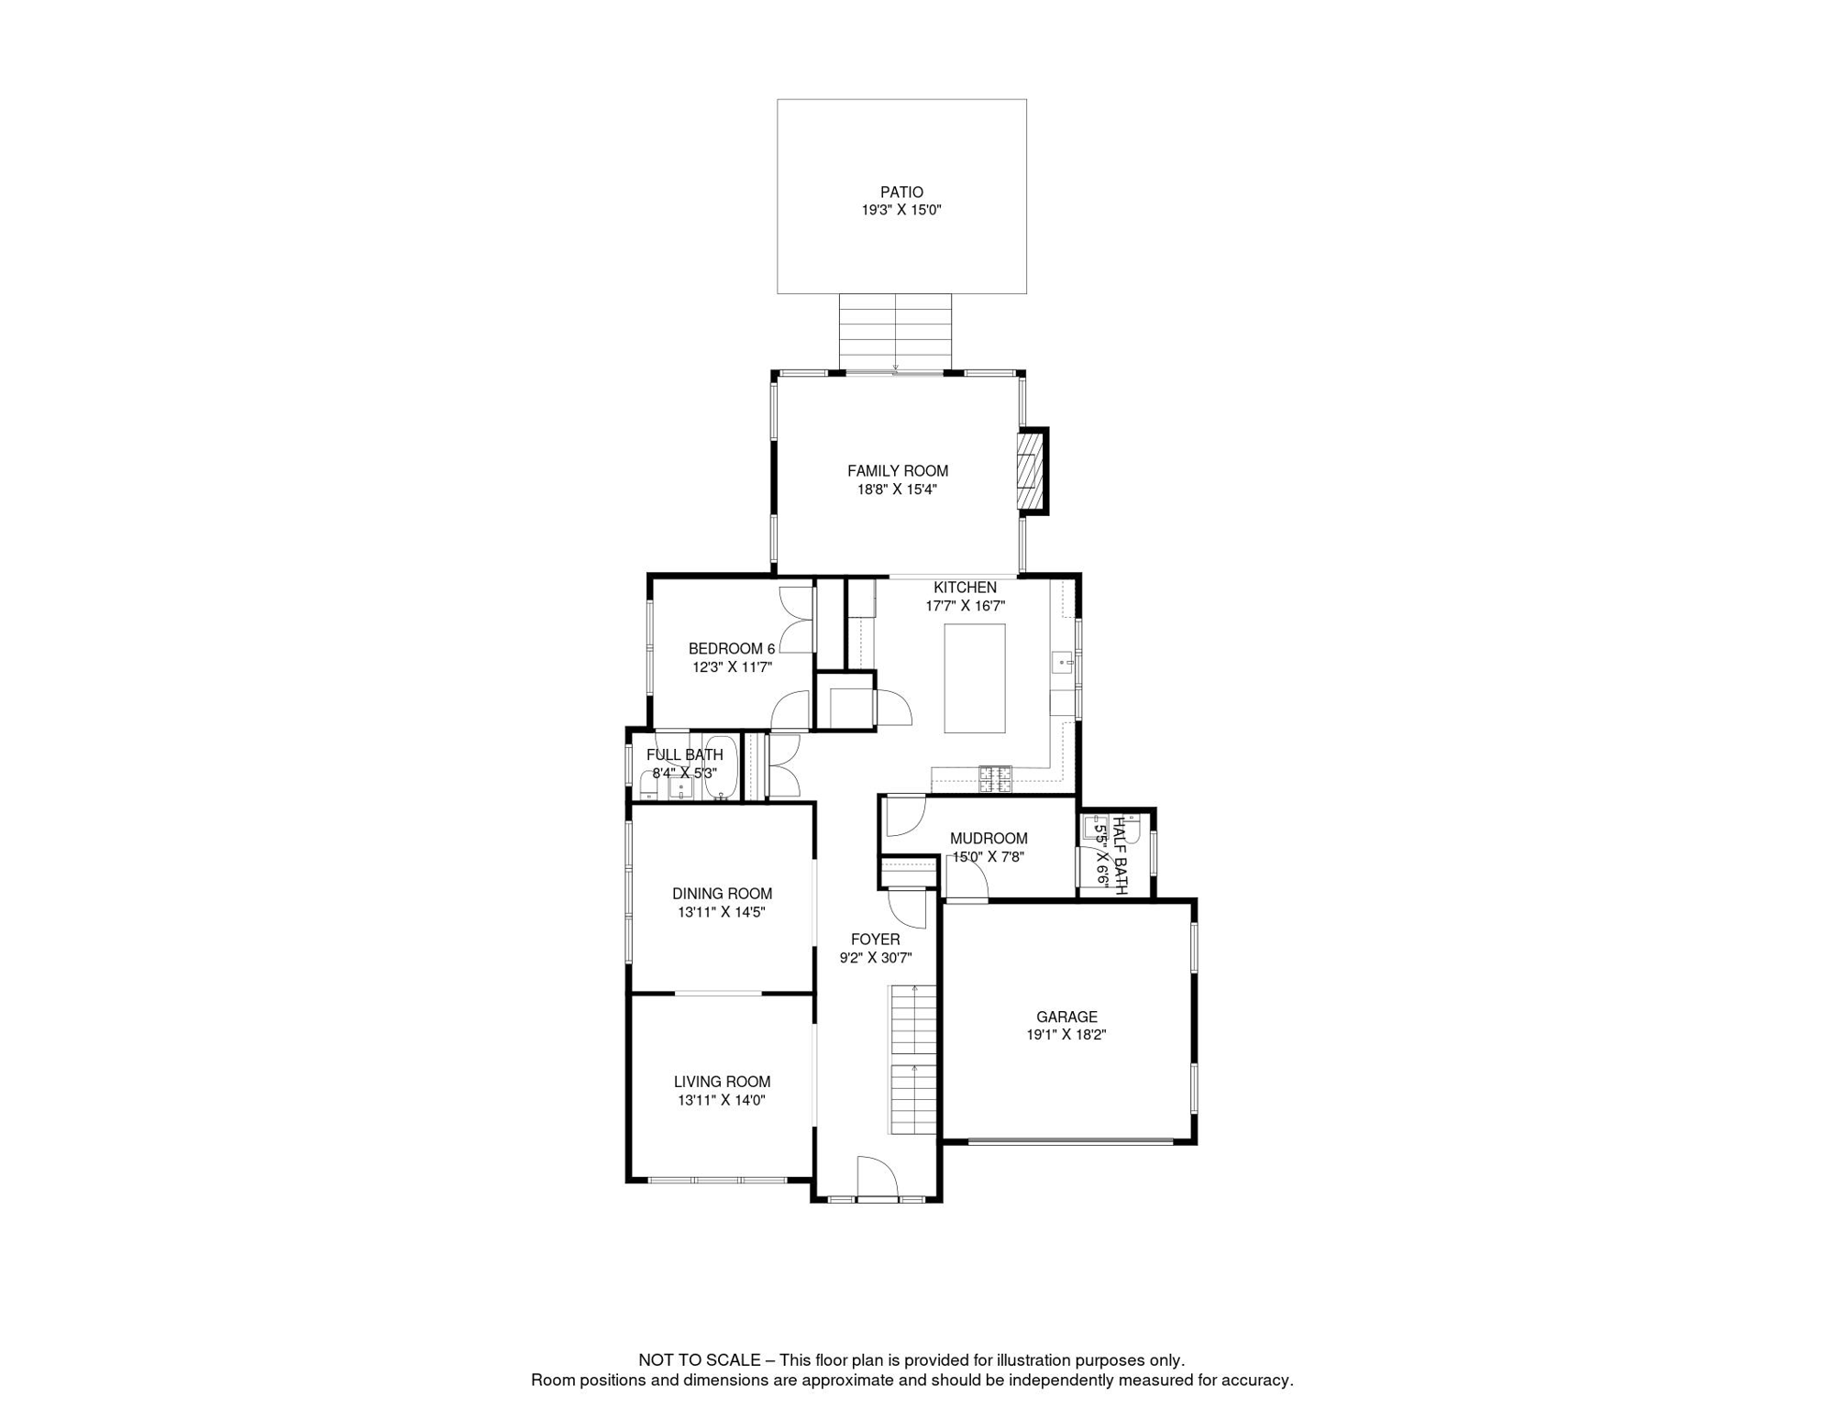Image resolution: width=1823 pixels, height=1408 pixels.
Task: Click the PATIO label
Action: point(901,192)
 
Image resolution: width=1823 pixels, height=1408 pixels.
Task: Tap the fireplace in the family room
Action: point(1032,471)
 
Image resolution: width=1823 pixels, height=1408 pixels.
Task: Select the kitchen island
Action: point(975,678)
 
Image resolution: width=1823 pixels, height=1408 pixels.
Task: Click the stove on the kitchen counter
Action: point(995,778)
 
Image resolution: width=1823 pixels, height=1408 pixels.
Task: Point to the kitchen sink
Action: point(1062,661)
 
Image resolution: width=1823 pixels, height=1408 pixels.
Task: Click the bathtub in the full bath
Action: point(722,766)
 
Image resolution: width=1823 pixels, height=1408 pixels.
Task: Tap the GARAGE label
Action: point(1066,1017)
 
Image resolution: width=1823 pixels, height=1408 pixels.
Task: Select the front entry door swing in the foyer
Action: point(876,1176)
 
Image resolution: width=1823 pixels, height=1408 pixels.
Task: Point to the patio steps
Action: point(896,332)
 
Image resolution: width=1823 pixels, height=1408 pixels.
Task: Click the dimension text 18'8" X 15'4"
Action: point(897,489)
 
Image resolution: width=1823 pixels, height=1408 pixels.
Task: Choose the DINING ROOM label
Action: point(723,894)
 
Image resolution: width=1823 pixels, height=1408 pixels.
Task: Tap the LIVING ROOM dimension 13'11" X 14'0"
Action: point(722,1100)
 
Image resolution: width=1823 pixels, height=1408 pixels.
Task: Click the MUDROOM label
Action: point(989,839)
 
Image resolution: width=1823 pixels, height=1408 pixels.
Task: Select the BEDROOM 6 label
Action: point(732,649)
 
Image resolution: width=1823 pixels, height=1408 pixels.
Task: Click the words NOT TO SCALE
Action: point(700,1360)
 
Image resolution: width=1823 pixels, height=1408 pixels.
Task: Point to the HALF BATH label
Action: point(1120,853)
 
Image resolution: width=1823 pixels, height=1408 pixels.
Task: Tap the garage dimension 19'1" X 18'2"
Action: point(1066,1035)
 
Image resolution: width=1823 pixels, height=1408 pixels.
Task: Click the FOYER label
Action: point(876,940)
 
